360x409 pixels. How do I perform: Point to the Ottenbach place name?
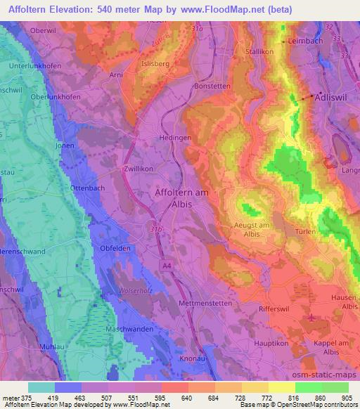88,189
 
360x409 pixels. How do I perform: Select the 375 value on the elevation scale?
26,398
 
